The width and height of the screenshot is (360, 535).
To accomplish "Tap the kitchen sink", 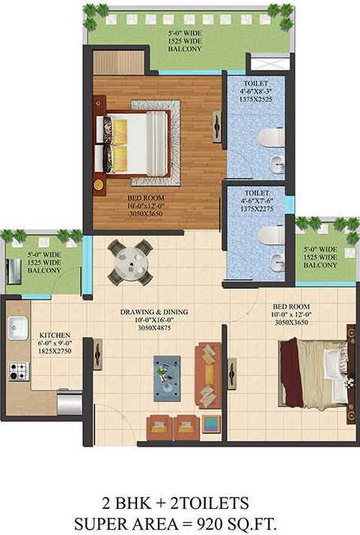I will click(17, 325).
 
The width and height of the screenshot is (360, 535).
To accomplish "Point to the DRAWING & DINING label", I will click(155, 311).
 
